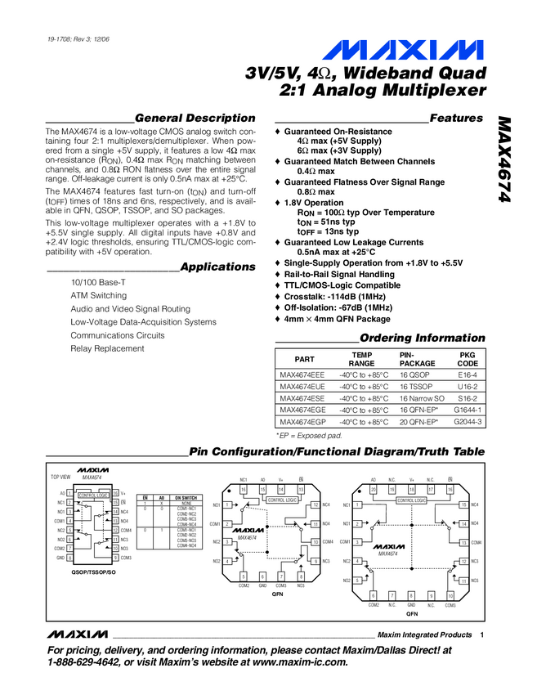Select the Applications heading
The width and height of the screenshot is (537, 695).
(217, 267)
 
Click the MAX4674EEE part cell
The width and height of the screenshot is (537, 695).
(302, 375)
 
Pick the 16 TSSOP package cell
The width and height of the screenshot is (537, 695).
(418, 387)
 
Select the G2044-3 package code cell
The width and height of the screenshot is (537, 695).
(468, 422)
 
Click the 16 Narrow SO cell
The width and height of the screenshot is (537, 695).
(423, 398)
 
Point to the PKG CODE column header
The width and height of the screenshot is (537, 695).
(468, 359)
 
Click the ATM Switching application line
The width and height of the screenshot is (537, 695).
(99, 296)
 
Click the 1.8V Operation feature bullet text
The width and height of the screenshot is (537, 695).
(314, 203)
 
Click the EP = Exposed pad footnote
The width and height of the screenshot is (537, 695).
(309, 436)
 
